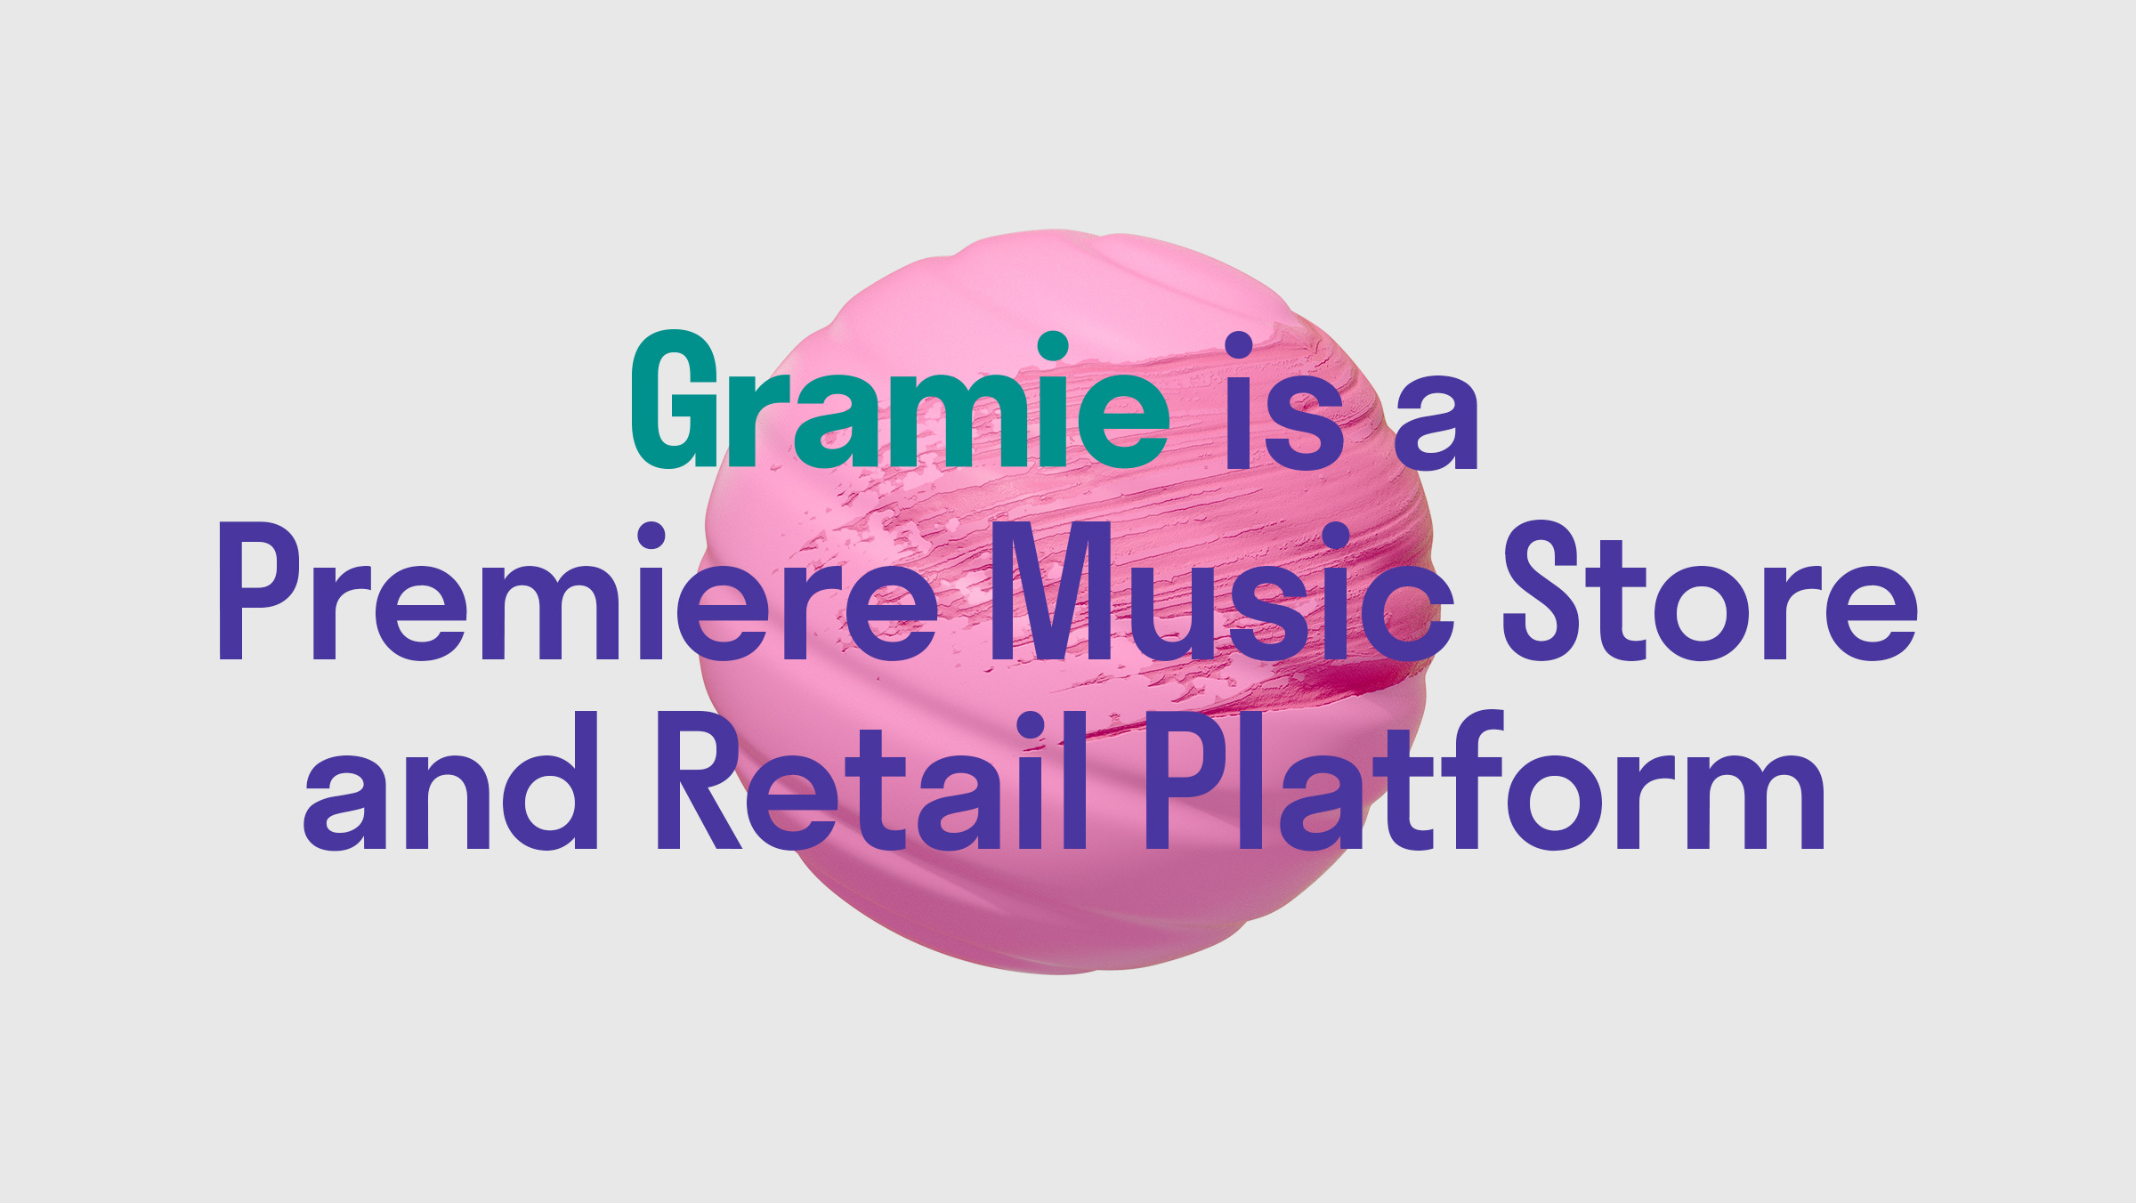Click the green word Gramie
coord(900,399)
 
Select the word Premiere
coord(578,591)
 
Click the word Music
coord(1222,591)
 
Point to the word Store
coord(1711,591)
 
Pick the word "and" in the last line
coord(450,780)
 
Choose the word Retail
coord(872,780)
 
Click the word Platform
coord(1485,780)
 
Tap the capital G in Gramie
coord(675,399)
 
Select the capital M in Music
coord(1052,591)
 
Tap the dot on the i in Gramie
coord(1053,347)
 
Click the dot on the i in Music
coord(1336,537)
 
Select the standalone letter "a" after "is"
coord(1436,424)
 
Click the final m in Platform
coord(1751,798)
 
